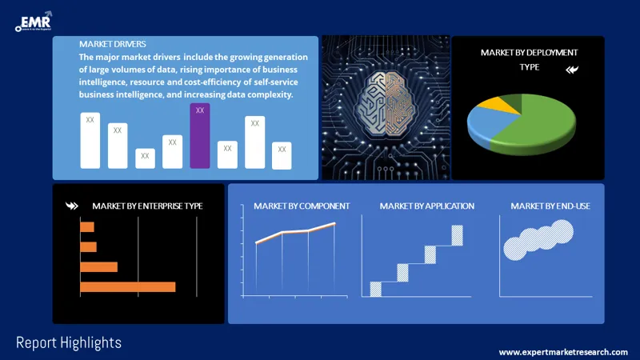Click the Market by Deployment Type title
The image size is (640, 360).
pyautogui.click(x=529, y=59)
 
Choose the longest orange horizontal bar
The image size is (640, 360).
pyautogui.click(x=127, y=286)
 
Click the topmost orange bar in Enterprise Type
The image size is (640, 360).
pyautogui.click(x=87, y=227)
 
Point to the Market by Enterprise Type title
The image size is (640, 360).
pyautogui.click(x=147, y=206)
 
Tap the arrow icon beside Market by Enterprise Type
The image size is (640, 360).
pyautogui.click(x=72, y=206)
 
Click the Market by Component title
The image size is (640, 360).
pyautogui.click(x=302, y=206)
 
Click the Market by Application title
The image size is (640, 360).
pyautogui.click(x=426, y=206)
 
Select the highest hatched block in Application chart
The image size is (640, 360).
pyautogui.click(x=457, y=235)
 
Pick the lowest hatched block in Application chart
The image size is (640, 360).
pyautogui.click(x=375, y=289)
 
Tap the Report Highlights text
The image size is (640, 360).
pyautogui.click(x=69, y=342)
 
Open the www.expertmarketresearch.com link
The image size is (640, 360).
pyautogui.click(x=563, y=352)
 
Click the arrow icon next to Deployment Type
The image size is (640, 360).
pyautogui.click(x=572, y=70)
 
